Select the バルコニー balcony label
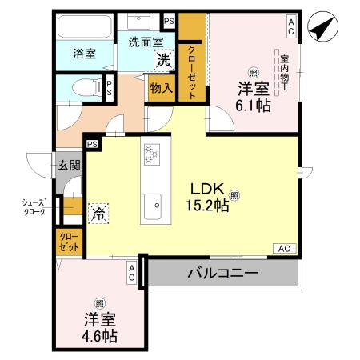223,274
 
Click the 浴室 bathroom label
85,54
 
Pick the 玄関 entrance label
68,166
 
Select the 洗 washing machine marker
163,58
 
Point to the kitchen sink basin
152,206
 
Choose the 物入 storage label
160,86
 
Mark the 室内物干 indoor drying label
284,70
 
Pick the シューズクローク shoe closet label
34,208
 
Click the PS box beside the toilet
109,88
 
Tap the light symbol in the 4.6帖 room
100,302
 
